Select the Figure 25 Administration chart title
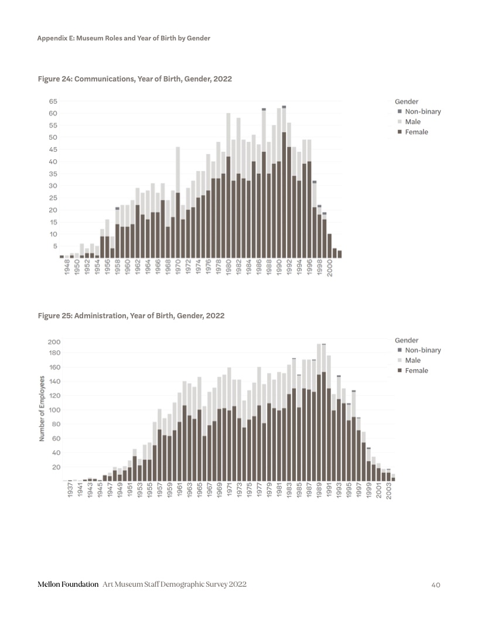tap(131, 315)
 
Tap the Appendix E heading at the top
tap(124, 38)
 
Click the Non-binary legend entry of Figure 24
tap(418, 111)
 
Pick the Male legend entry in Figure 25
tap(412, 360)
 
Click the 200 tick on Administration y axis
tap(54, 342)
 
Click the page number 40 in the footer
tap(435, 584)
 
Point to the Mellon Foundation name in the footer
tap(67, 584)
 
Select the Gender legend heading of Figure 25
tap(407, 340)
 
